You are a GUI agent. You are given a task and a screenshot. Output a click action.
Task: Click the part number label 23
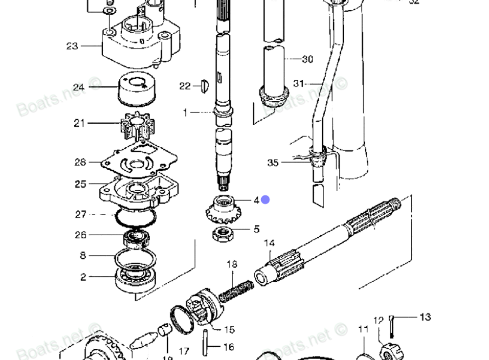click(x=72, y=46)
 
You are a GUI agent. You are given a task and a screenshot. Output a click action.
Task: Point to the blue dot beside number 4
click(x=265, y=200)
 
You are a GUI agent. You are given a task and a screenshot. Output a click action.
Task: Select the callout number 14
click(x=269, y=243)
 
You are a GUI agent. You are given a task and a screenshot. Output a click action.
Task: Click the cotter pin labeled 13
click(x=393, y=326)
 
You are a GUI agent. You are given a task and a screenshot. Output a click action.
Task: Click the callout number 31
click(x=299, y=84)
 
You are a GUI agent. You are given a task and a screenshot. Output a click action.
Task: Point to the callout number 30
click(x=307, y=59)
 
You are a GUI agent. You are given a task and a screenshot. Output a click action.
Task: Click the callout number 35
click(x=273, y=162)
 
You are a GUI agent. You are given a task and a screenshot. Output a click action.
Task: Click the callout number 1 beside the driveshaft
click(x=185, y=112)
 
